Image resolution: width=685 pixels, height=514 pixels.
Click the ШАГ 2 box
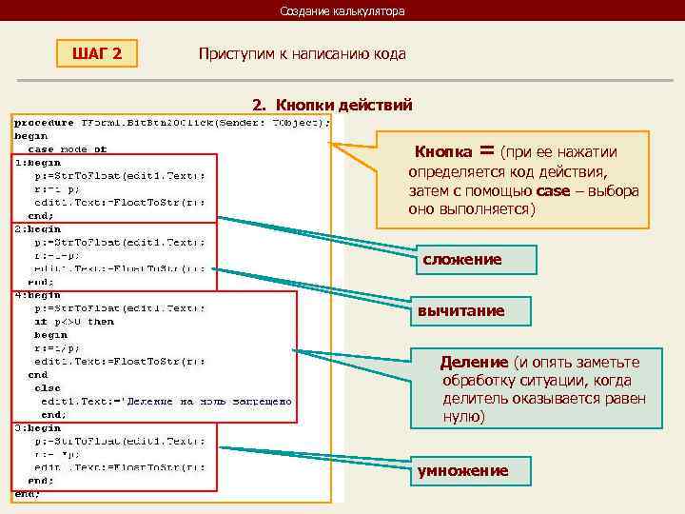click(x=97, y=53)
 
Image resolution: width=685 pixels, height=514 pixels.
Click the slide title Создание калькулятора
click(x=342, y=11)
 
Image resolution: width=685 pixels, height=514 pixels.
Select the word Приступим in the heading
click(x=228, y=54)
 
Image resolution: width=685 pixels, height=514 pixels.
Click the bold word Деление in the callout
click(x=474, y=363)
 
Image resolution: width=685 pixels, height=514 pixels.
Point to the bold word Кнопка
click(x=443, y=152)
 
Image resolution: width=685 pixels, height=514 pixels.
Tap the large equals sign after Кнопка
click(x=487, y=150)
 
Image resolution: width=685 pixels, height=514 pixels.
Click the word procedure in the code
click(x=44, y=122)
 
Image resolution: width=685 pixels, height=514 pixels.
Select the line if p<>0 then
click(x=73, y=322)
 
